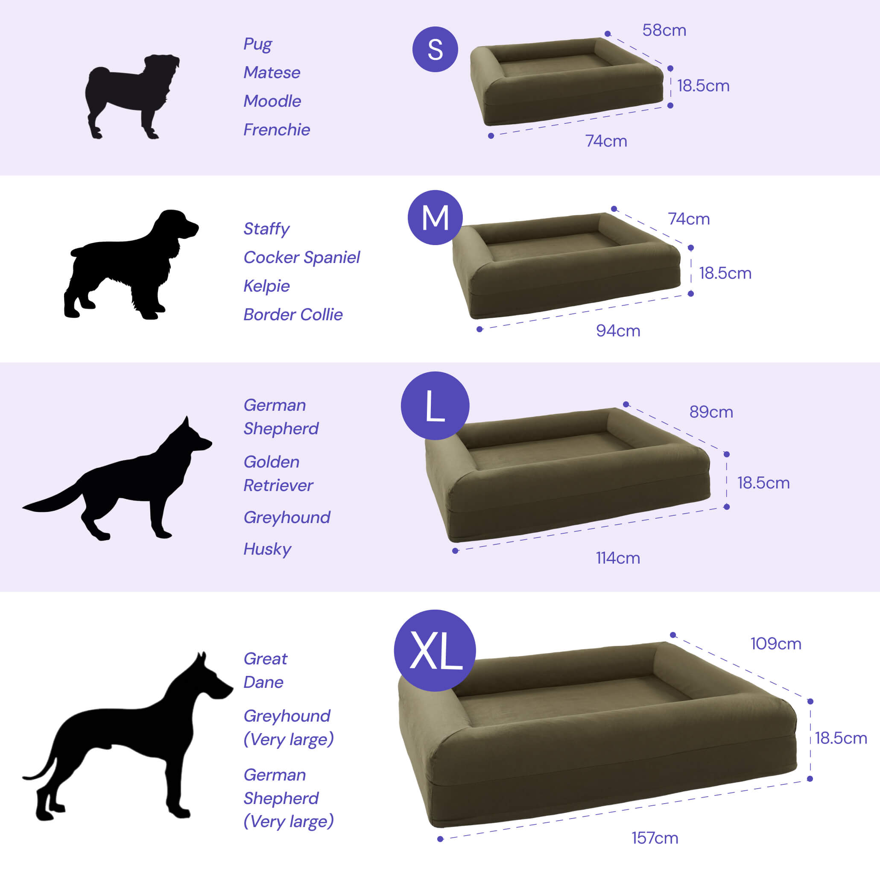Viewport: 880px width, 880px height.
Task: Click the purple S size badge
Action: tap(435, 49)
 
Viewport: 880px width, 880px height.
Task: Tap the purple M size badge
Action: tap(435, 217)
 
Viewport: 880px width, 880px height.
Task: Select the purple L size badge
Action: tap(435, 405)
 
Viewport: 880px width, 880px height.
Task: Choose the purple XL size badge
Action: tap(435, 650)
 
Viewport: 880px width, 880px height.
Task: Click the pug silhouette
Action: tap(132, 96)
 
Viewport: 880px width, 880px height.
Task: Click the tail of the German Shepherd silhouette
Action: tap(53, 499)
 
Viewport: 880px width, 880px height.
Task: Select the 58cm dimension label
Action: tap(664, 30)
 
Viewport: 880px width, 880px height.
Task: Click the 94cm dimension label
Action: tap(618, 330)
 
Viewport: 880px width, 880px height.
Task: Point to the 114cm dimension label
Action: tap(618, 558)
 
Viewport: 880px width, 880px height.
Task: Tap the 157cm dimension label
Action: tap(655, 838)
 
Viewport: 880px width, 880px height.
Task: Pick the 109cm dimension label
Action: tap(776, 643)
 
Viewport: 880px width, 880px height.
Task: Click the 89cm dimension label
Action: tap(711, 412)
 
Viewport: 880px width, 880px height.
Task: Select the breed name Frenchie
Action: tap(277, 129)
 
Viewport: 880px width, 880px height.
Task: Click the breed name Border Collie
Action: tap(293, 314)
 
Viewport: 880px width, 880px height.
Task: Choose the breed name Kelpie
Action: tap(266, 286)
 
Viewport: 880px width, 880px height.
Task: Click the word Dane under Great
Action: tap(263, 682)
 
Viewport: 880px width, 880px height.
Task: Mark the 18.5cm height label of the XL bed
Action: tap(841, 738)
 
